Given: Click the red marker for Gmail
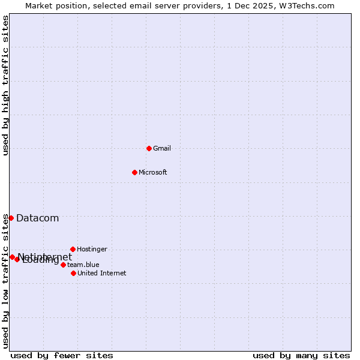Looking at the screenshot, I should tap(149, 148).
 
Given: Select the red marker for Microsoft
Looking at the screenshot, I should tap(134, 172).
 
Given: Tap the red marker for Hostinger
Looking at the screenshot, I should tap(73, 249).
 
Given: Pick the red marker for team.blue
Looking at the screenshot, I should tap(63, 265).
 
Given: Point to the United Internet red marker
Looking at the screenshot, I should tap(73, 273).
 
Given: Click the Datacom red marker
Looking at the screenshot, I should tap(11, 218).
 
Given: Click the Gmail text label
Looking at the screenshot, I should tap(162, 148).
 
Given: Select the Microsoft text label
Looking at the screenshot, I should tap(153, 172).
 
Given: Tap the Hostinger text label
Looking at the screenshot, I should tap(92, 249).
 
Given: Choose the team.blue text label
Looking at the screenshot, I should tap(83, 265).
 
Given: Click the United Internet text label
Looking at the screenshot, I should tap(102, 273).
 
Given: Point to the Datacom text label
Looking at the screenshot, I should tap(37, 218).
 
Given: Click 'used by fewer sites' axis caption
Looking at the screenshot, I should tap(62, 355).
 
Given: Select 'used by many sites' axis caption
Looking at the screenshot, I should tap(301, 355).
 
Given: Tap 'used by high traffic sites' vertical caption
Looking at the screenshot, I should tap(6, 85).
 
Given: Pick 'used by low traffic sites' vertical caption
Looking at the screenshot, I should tap(6, 281).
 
